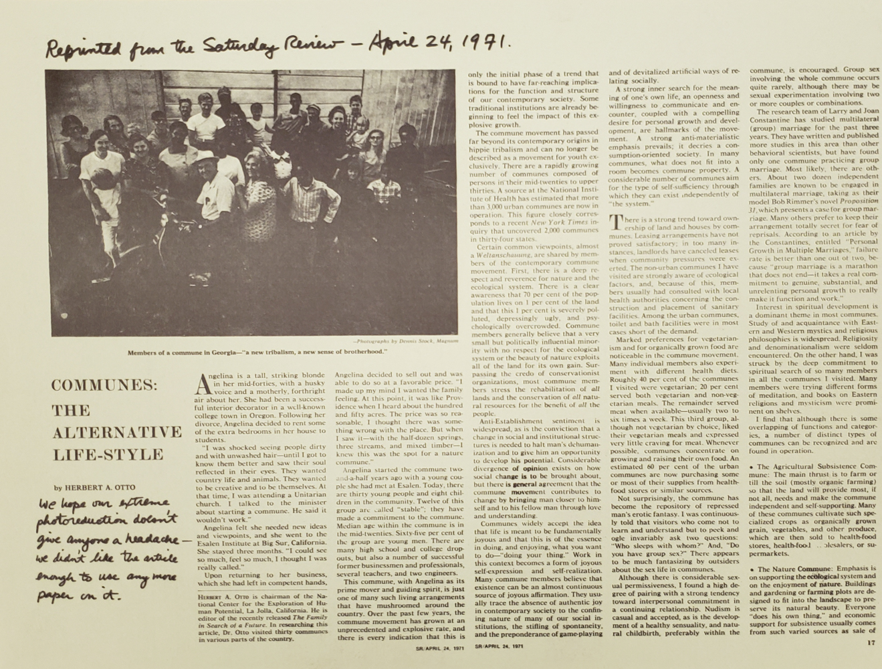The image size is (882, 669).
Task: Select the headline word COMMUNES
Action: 104,387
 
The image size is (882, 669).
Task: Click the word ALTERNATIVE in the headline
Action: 117,432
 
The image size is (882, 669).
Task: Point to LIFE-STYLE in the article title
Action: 108,454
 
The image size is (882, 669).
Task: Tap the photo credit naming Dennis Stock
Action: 406,341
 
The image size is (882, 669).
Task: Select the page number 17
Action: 869,643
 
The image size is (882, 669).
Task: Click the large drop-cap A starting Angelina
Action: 207,385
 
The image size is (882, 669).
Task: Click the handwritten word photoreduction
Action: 79,521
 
